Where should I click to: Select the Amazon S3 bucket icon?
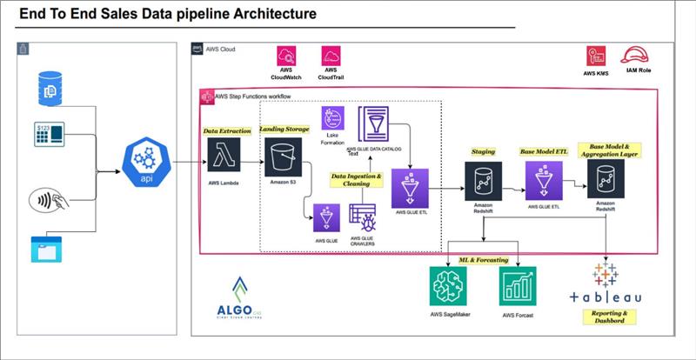[x=280, y=156]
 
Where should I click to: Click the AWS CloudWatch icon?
[x=288, y=57]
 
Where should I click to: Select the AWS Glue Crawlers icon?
[x=361, y=216]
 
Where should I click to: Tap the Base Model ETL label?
[x=544, y=151]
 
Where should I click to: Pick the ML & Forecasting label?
[x=485, y=260]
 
